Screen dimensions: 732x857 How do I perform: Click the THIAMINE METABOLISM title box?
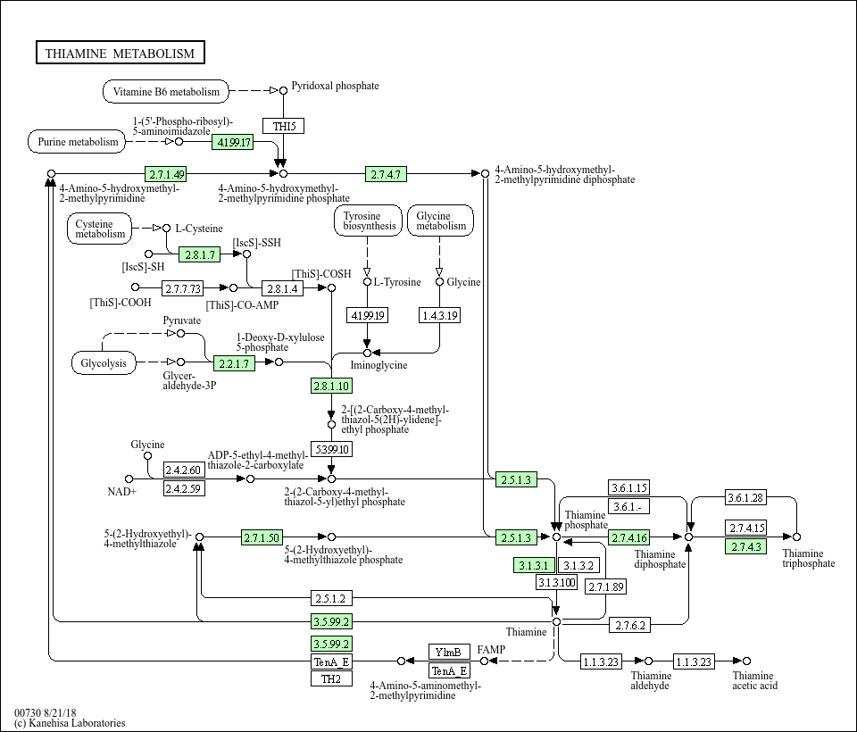(x=120, y=54)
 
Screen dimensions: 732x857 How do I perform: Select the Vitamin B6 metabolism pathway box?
(x=166, y=91)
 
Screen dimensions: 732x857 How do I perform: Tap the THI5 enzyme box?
(x=283, y=126)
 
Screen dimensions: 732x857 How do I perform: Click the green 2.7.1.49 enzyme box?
(x=167, y=174)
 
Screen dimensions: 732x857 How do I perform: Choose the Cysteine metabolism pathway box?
(x=100, y=229)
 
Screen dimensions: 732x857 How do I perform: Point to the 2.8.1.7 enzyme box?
(x=200, y=254)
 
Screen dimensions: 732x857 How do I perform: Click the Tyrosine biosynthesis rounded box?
(x=368, y=220)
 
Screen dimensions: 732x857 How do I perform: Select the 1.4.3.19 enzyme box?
(x=439, y=315)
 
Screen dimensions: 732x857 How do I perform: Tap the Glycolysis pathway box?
(x=104, y=363)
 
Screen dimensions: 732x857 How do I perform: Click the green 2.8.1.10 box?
(x=331, y=386)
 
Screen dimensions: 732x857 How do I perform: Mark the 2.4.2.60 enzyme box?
(x=184, y=470)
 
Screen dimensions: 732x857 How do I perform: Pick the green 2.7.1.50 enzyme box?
(x=262, y=537)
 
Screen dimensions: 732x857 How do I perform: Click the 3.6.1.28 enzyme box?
(x=746, y=497)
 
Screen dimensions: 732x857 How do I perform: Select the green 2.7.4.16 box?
(x=629, y=537)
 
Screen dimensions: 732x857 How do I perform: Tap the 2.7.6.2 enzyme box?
(x=629, y=626)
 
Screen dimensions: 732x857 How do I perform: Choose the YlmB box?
(x=449, y=652)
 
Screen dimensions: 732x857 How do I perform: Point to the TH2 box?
(x=331, y=678)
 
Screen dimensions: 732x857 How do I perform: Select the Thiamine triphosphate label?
(x=809, y=558)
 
